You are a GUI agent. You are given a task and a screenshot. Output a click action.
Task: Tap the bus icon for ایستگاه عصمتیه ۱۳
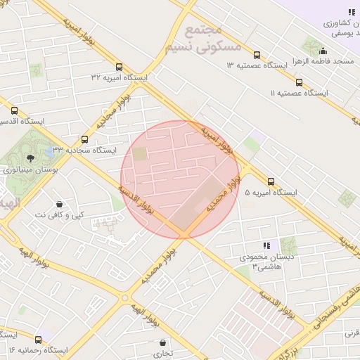point(256,55)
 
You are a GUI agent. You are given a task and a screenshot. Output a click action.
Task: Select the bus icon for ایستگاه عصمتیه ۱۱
point(300,82)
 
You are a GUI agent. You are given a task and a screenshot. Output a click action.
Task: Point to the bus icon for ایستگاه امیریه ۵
point(271,181)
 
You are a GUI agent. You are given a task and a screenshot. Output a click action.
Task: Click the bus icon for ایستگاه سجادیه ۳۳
point(85,139)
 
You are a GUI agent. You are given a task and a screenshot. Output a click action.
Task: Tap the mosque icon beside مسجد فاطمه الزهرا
point(323,51)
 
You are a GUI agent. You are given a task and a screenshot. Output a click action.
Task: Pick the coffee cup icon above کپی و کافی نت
point(59,204)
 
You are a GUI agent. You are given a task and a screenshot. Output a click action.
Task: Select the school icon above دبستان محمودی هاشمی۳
point(266,245)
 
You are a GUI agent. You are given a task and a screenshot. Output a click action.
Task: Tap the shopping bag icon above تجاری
point(163,342)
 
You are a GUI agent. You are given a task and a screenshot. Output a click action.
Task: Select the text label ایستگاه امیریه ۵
point(270,193)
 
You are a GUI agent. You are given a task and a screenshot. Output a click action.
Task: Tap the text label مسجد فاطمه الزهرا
point(323,62)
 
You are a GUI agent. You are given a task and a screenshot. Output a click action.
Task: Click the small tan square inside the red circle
point(141,153)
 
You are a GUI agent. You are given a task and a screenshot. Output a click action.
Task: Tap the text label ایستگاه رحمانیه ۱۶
point(38,349)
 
